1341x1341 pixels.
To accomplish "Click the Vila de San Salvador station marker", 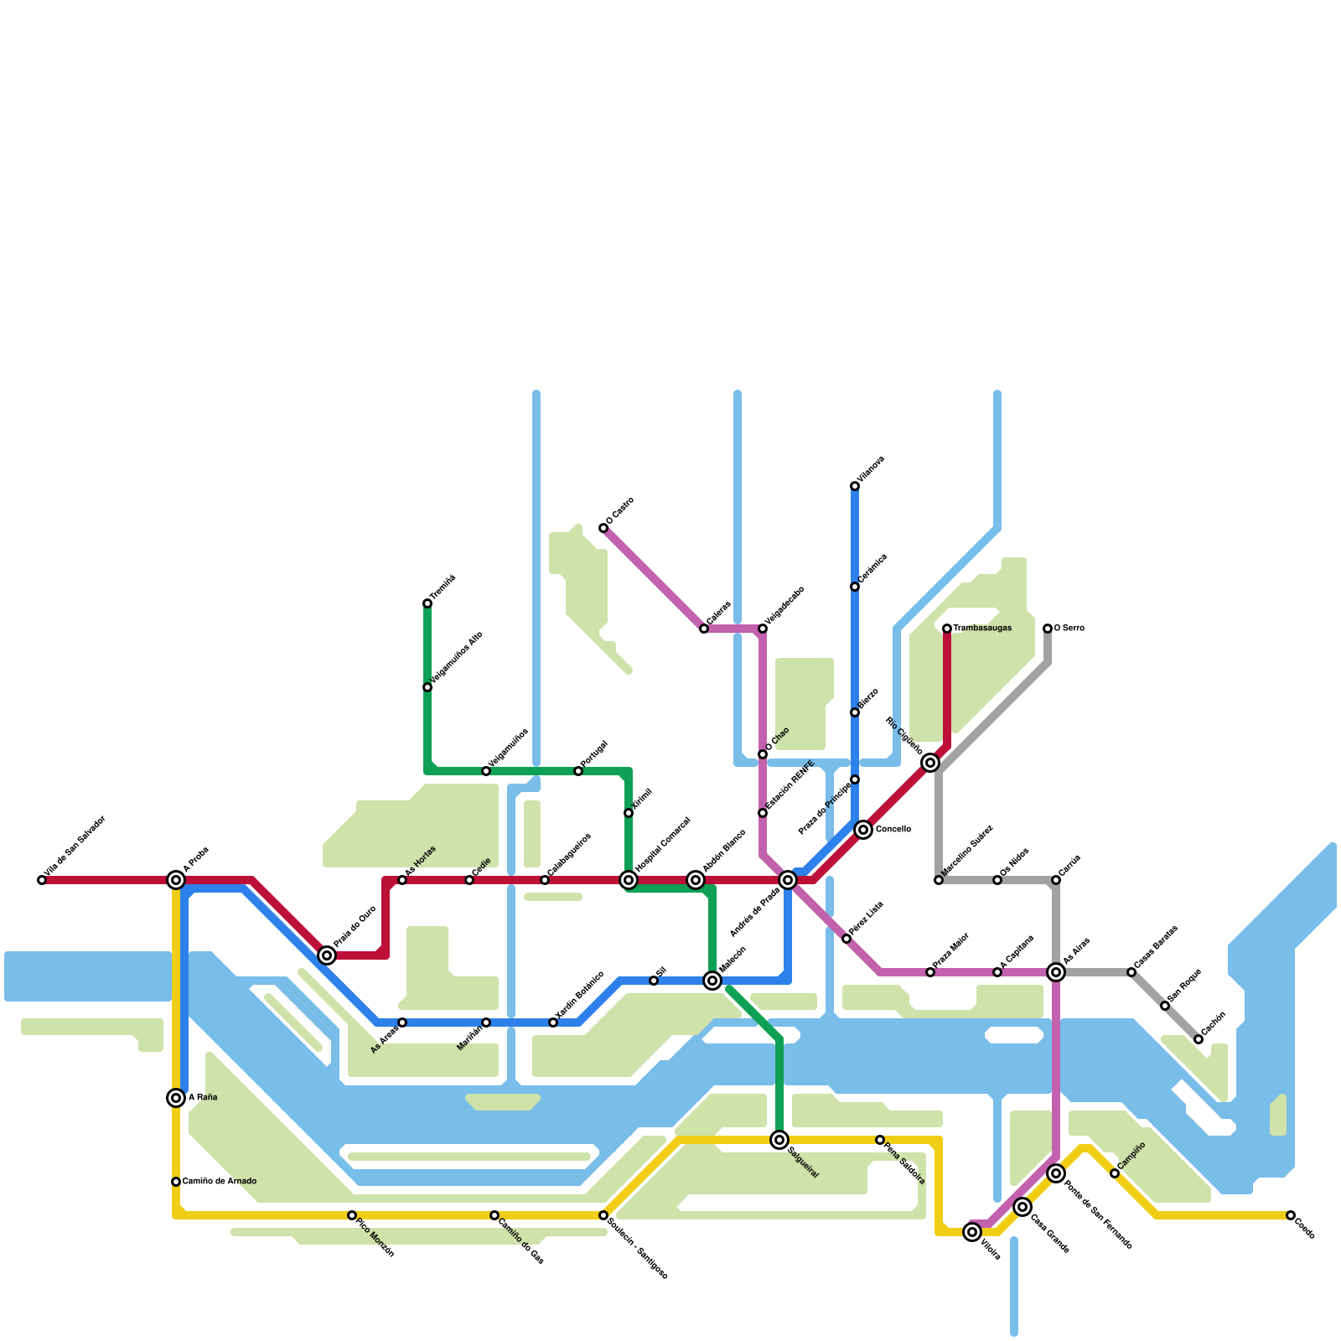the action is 42,880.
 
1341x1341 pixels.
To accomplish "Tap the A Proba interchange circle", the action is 176,880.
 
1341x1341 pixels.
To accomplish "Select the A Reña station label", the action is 203,1098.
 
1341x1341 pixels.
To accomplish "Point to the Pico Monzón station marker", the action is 352,1215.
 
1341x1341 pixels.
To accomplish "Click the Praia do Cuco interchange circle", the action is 327,955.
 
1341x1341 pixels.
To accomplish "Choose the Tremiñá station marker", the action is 427,603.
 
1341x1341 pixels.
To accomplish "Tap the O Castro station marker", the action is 603,528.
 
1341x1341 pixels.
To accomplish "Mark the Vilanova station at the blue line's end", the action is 855,486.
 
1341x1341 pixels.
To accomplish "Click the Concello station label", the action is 893,830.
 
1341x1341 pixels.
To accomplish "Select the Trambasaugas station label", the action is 982,629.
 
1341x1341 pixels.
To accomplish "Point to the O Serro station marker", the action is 1048,629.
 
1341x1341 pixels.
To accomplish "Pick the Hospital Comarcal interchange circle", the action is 629,880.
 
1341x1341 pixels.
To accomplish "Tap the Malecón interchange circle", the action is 712,981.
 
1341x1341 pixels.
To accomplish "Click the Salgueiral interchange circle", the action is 779,1140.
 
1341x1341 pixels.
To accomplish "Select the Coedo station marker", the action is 1291,1215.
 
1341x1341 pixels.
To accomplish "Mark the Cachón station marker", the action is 1199,1039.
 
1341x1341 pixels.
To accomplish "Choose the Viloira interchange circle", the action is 972,1232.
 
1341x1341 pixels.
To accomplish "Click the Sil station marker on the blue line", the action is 654,981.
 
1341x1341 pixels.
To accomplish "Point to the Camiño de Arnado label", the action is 220,1182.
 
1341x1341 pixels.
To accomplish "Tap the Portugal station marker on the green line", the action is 578,771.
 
